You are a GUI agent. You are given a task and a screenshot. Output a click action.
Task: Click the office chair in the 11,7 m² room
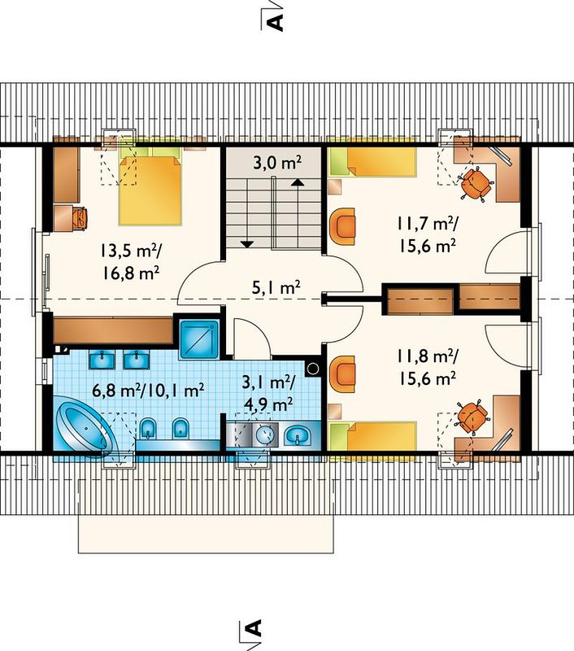[x=476, y=184]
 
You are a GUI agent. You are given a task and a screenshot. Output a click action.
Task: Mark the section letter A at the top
[x=276, y=19]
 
